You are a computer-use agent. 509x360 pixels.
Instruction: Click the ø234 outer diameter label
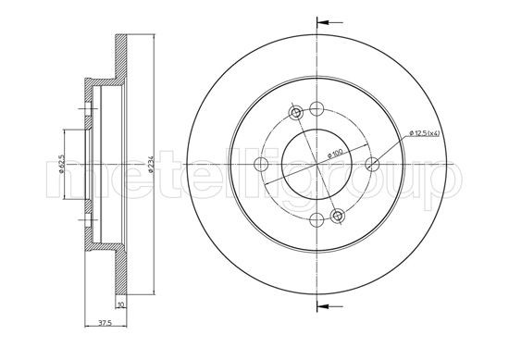click(151, 164)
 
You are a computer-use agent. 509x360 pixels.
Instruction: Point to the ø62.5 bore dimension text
click(61, 164)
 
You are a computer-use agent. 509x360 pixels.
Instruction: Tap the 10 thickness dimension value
click(121, 304)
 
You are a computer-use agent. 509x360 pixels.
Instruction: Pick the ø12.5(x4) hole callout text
click(424, 133)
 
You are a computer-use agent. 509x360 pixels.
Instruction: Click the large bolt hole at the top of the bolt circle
click(317, 108)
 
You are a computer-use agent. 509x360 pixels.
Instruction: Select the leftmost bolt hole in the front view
click(261, 164)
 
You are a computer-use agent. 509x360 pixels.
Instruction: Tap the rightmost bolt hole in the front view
click(372, 164)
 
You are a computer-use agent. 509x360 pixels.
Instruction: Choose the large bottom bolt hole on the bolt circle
click(317, 220)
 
